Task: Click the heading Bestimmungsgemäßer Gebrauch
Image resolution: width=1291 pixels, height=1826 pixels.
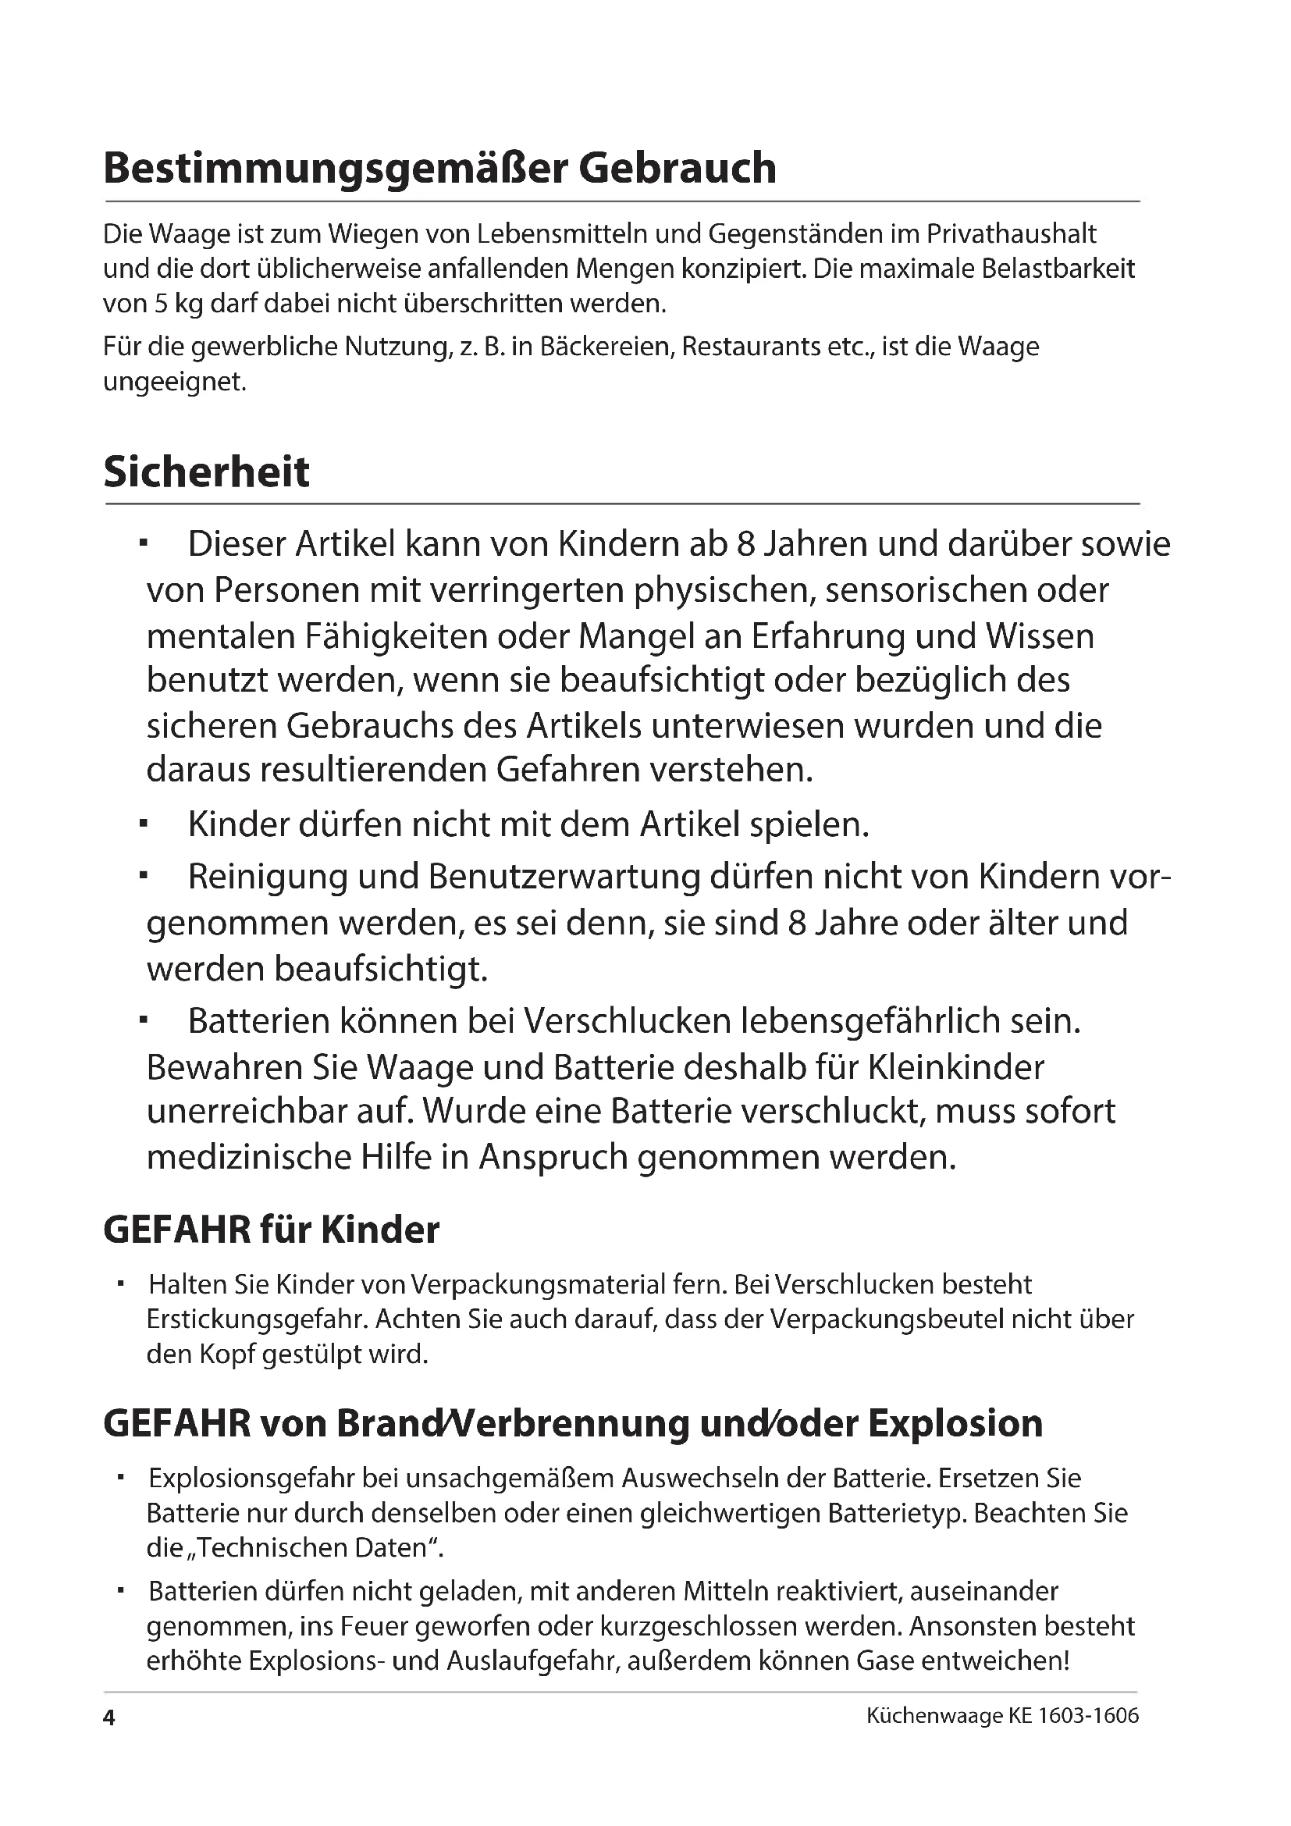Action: (439, 168)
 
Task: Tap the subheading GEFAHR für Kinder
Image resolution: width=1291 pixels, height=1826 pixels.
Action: (271, 1230)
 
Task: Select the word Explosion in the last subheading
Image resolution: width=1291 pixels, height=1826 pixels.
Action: (955, 1424)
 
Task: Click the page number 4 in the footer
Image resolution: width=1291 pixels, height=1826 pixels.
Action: (110, 1740)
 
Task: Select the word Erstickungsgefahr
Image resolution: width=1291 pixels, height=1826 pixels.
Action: (256, 1319)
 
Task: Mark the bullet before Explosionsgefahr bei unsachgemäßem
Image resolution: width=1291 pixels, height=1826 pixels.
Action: (122, 1477)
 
